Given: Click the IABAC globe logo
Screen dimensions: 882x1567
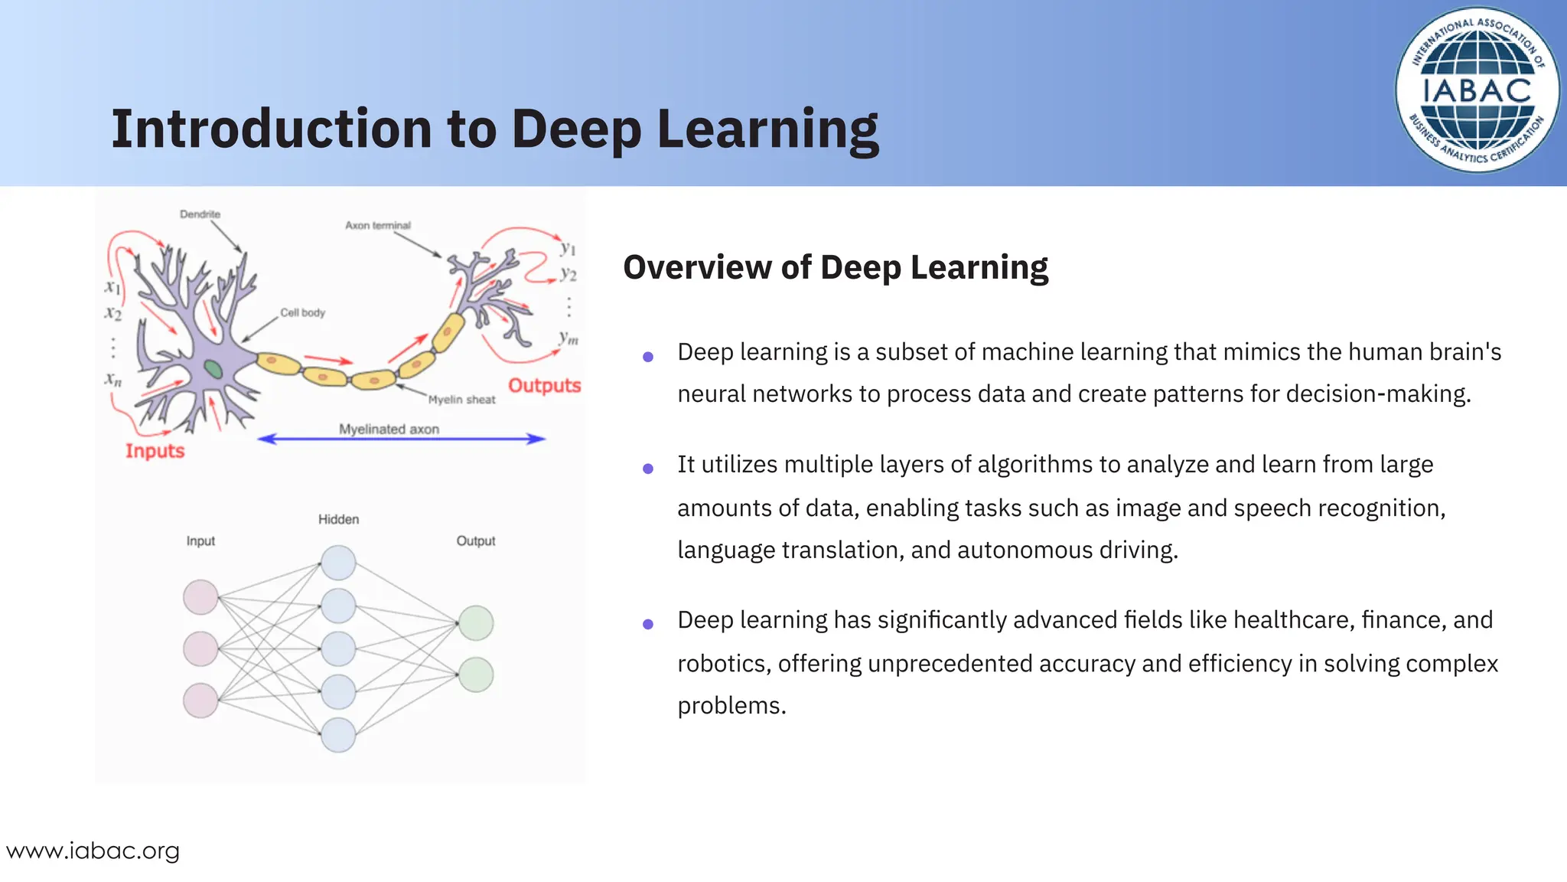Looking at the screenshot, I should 1477,90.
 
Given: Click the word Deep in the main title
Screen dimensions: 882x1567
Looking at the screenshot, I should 575,129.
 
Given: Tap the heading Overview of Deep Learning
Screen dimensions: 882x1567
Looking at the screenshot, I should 835,267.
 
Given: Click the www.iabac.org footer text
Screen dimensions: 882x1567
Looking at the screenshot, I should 93,851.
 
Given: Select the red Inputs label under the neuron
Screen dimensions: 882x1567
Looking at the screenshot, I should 155,451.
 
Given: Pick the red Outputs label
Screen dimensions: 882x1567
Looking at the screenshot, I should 544,385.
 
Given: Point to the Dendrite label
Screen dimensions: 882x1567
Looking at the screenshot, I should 200,214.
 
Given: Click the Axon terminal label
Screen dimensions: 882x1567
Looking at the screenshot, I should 377,225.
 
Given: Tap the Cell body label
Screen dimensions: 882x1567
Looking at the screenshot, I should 302,312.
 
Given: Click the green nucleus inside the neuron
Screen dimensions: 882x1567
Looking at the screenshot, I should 213,370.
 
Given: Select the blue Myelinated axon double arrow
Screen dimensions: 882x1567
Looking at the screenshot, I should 401,439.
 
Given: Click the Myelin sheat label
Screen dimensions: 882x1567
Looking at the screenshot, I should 461,400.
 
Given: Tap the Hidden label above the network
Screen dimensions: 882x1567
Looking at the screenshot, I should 338,519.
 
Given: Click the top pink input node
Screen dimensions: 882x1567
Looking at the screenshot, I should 200,597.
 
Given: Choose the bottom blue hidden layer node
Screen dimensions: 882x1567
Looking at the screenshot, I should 338,735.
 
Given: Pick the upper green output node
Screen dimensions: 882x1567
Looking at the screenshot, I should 476,622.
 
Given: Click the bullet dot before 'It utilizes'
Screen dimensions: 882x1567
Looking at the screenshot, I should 648,469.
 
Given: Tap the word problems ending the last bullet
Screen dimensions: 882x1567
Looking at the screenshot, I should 731,705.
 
